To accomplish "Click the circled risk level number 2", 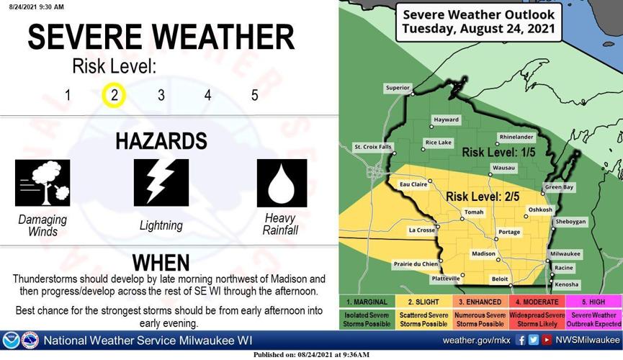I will click(114, 95).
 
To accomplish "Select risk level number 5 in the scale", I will click(254, 95).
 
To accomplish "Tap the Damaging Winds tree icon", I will click(42, 183).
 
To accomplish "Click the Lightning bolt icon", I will click(161, 183).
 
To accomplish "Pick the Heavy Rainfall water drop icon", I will click(282, 183).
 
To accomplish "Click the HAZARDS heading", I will click(161, 140).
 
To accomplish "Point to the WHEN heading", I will click(161, 262).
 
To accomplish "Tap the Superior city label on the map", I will click(397, 88).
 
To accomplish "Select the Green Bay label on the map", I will click(559, 187).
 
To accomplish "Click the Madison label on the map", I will click(483, 254).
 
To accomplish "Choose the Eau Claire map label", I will click(413, 185).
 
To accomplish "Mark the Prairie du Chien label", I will click(416, 264).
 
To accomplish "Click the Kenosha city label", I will click(567, 284).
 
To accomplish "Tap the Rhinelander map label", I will click(516, 137).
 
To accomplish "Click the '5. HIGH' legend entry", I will click(595, 301).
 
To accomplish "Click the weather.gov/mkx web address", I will click(476, 340).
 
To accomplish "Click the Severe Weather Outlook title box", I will click(478, 22).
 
